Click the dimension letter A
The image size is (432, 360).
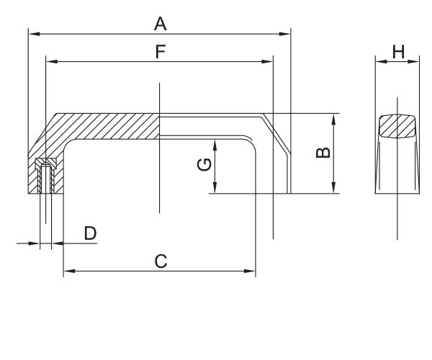click(160, 24)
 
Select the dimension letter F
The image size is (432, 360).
click(160, 52)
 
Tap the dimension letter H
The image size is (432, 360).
click(398, 51)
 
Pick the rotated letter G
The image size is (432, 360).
click(204, 165)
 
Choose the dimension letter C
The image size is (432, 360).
click(161, 261)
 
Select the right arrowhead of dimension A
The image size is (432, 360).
click(286, 33)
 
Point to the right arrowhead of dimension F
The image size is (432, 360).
click(269, 62)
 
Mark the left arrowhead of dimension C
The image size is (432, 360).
click(68, 271)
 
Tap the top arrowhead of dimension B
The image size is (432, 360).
click(333, 117)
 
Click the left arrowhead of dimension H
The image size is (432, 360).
click(379, 62)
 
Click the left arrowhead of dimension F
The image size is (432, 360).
click(49, 62)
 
